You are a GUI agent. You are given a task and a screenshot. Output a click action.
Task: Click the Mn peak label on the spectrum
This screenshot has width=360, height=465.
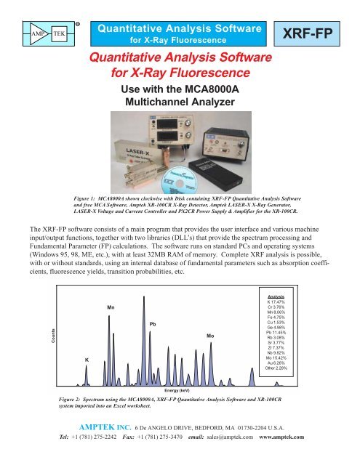(110, 287)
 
